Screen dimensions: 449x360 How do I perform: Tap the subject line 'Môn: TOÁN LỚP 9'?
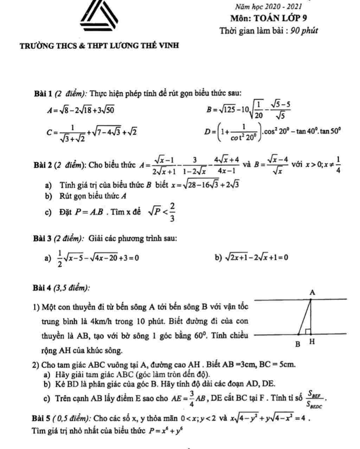click(x=269, y=18)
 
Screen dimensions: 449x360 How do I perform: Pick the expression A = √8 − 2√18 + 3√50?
click(x=81, y=110)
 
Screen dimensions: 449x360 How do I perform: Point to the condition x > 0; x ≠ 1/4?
click(x=323, y=164)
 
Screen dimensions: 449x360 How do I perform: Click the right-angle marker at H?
click(x=308, y=331)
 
